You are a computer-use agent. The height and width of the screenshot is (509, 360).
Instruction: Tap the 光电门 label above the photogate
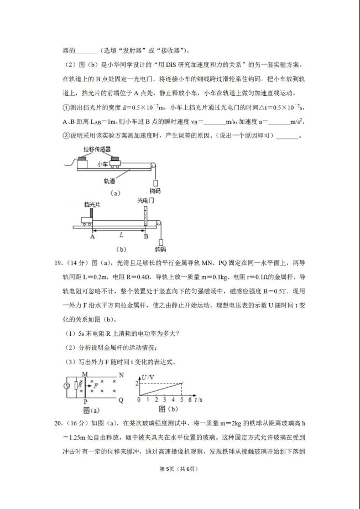(146, 201)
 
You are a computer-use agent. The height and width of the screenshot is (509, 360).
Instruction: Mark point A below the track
(92, 236)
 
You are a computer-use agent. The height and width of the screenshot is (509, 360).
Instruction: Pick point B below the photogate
(145, 236)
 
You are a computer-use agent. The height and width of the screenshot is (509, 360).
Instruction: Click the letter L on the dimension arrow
(119, 235)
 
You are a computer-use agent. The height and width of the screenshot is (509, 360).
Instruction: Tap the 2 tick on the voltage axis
(138, 383)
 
